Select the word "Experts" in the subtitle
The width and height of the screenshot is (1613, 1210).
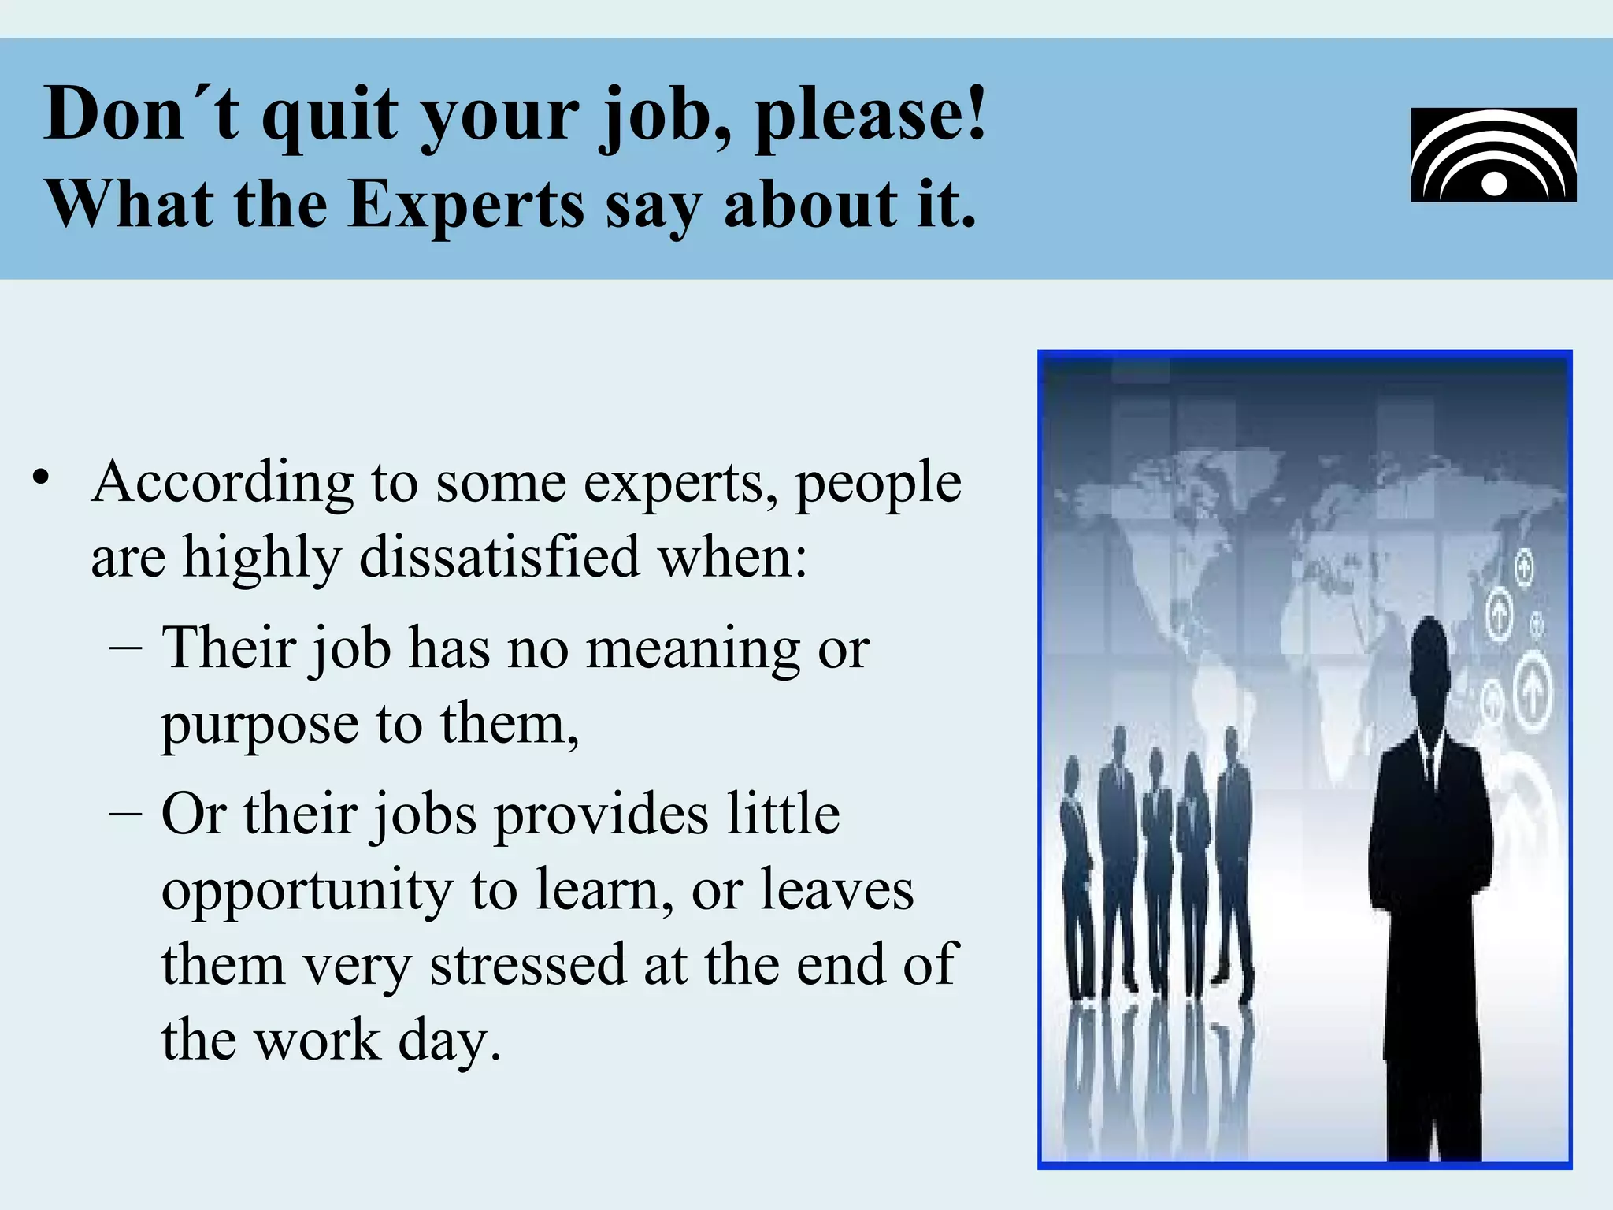tap(466, 205)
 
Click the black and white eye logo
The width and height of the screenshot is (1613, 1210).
tap(1493, 155)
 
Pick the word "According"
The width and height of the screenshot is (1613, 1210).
tap(223, 482)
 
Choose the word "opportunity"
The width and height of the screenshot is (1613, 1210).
tap(307, 890)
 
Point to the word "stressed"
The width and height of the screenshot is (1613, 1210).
tap(528, 964)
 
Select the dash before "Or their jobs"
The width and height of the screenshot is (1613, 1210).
tap(126, 814)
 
